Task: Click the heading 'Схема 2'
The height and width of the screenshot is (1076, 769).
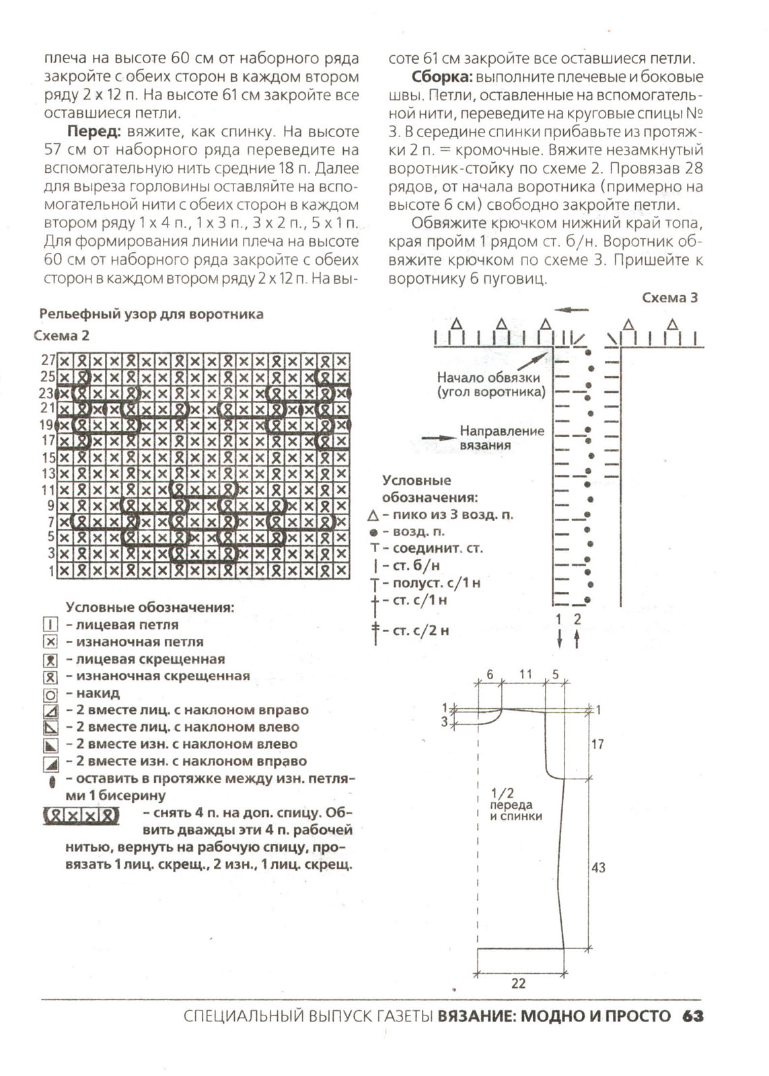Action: pos(61,336)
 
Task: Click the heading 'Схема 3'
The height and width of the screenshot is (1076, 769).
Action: pos(669,297)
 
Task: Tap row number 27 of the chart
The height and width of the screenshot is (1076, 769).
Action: pos(48,360)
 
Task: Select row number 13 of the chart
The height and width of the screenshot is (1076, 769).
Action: pos(48,473)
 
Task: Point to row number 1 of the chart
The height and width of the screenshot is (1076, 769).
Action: pos(51,571)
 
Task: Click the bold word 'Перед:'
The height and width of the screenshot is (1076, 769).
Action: pos(94,132)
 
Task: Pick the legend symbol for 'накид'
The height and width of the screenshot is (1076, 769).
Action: pos(50,694)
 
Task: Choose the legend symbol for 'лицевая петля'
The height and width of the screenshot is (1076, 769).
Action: pos(50,625)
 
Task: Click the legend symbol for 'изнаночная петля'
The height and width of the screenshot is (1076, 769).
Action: pos(50,642)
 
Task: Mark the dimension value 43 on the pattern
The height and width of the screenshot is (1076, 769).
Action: pos(598,868)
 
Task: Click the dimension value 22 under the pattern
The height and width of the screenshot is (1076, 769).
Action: pos(518,983)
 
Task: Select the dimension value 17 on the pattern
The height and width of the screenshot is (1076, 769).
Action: pos(597,744)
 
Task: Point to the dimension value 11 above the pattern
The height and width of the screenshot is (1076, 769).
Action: pos(525,674)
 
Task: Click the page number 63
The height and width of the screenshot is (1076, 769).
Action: pos(692,1015)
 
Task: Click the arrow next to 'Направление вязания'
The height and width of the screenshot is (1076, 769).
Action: pos(439,437)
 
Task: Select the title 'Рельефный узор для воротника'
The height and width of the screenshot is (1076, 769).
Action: pos(151,314)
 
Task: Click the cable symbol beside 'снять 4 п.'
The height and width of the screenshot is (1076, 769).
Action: pos(81,816)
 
